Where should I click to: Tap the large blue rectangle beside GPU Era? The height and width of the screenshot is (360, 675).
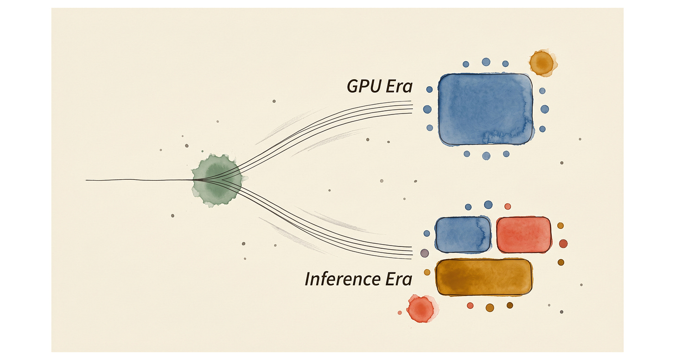click(485, 109)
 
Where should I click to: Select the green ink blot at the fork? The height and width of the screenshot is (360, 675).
click(217, 180)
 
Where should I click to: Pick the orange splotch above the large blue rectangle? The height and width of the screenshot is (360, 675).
click(541, 63)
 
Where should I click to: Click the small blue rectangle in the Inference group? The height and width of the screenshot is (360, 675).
click(463, 235)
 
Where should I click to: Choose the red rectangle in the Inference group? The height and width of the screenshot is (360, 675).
click(523, 235)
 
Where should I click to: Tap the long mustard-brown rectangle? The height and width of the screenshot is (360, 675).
click(484, 277)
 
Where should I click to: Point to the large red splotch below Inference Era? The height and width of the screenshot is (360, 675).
click(420, 308)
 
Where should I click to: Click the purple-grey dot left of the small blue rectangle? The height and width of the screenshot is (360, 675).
click(424, 253)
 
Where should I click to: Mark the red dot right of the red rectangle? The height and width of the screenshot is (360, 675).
click(563, 244)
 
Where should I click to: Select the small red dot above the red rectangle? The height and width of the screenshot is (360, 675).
click(508, 206)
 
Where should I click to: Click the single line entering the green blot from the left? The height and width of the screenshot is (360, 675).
click(139, 180)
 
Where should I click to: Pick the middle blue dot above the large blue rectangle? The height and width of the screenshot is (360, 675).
click(486, 62)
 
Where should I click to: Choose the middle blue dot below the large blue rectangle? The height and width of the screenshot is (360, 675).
click(486, 156)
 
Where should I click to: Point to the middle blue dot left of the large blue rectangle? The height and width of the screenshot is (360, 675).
click(427, 109)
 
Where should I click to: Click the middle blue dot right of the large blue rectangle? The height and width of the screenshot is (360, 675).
click(545, 109)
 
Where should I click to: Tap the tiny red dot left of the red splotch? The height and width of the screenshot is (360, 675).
click(400, 313)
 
